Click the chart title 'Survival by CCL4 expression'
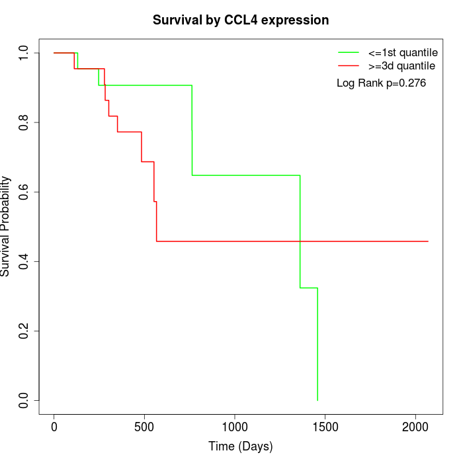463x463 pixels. click(x=241, y=20)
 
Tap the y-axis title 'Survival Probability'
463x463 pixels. click(x=6, y=226)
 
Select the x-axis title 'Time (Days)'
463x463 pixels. click(x=241, y=446)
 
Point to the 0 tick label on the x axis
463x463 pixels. click(x=54, y=427)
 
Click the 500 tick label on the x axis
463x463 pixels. click(x=144, y=427)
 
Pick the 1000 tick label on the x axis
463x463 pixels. click(x=235, y=427)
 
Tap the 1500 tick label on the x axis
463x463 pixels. click(x=325, y=427)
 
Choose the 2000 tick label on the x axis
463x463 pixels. click(x=415, y=427)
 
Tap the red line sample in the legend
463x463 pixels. click(x=349, y=65)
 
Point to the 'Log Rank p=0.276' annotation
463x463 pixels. click(x=382, y=83)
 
